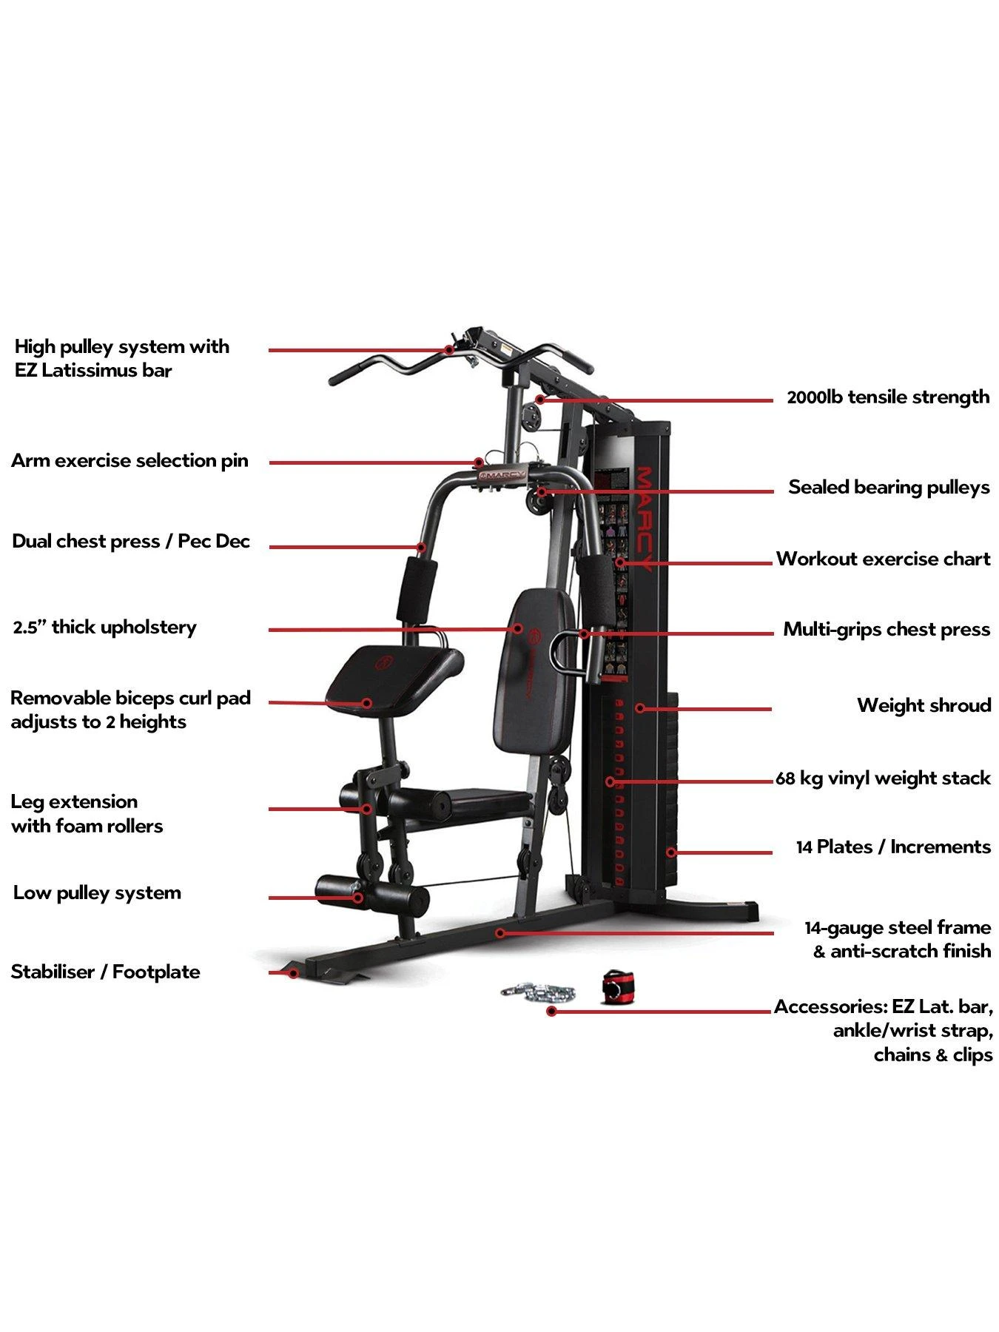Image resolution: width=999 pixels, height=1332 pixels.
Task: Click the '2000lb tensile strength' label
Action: pyautogui.click(x=887, y=397)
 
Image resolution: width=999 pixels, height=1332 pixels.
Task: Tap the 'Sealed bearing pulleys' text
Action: pyautogui.click(x=888, y=488)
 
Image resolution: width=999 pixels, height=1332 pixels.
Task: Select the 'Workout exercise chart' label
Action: pyautogui.click(x=883, y=559)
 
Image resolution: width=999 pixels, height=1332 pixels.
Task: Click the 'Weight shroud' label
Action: pyautogui.click(x=924, y=705)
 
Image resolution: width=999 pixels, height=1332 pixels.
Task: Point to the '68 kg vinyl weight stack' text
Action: pyautogui.click(x=882, y=778)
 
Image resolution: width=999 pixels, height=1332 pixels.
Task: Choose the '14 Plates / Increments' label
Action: pyautogui.click(x=892, y=847)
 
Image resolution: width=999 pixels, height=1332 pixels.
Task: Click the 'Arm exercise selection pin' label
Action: pyautogui.click(x=129, y=461)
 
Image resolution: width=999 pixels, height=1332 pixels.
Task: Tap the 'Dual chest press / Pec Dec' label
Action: pyautogui.click(x=131, y=542)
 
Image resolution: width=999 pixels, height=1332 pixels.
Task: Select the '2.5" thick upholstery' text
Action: pyautogui.click(x=104, y=628)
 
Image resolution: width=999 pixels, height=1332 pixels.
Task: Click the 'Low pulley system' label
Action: pyautogui.click(x=97, y=893)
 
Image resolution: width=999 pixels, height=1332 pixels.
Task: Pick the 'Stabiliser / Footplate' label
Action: pyautogui.click(x=105, y=972)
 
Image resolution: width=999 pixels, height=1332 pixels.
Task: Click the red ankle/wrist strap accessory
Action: pyautogui.click(x=613, y=986)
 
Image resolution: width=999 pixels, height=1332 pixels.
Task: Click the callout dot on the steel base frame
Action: pyautogui.click(x=500, y=933)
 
